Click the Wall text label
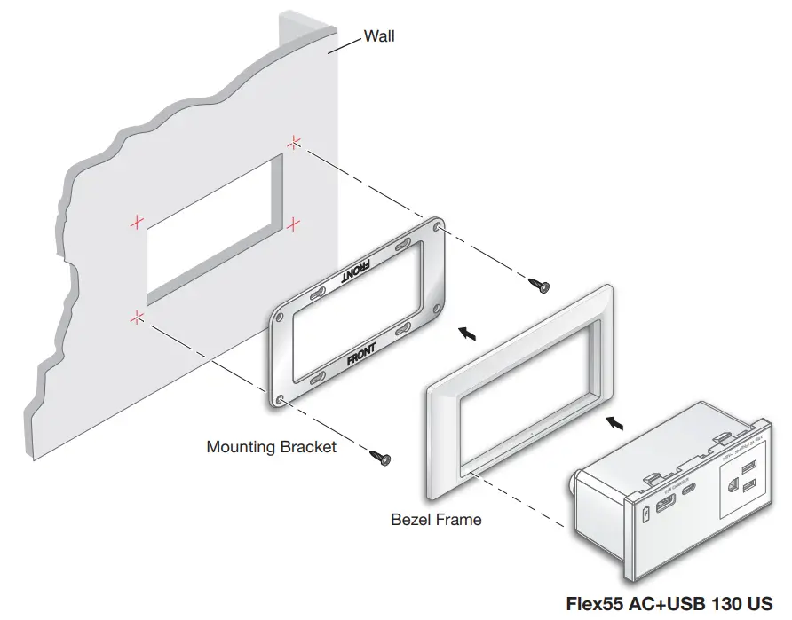click(380, 36)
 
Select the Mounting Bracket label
click(271, 447)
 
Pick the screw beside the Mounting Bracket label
click(381, 456)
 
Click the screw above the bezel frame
click(538, 284)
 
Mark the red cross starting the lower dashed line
click(136, 315)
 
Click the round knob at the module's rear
click(574, 483)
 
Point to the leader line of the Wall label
click(346, 45)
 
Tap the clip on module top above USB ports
click(654, 477)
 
